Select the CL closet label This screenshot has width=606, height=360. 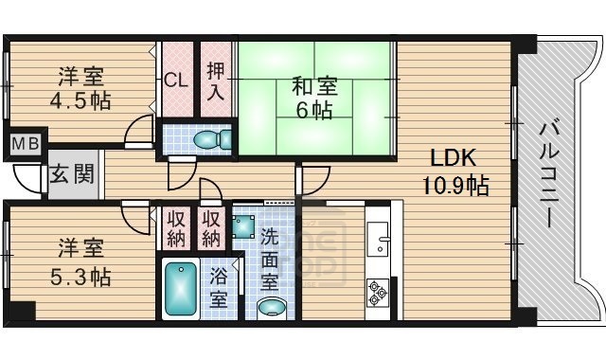[175, 80]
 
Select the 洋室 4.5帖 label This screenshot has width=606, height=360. [80, 87]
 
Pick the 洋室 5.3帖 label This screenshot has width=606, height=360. [80, 262]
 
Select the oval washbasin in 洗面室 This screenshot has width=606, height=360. [272, 307]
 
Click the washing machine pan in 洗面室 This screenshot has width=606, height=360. [244, 225]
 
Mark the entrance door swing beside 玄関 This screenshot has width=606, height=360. [27, 178]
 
